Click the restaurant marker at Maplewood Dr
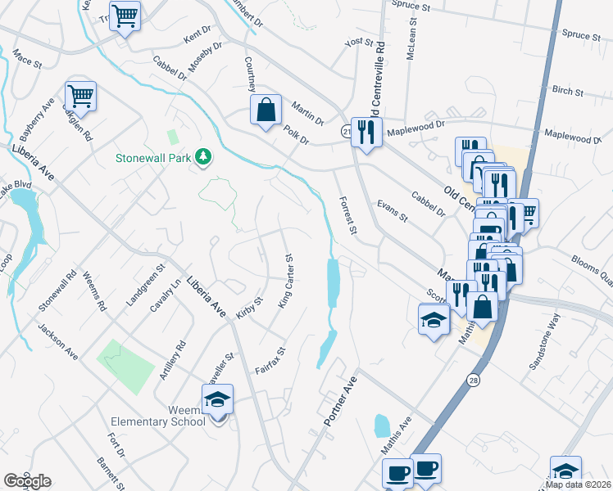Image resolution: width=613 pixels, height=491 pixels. click(x=366, y=131)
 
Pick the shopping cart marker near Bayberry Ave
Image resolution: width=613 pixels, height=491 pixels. click(x=80, y=97)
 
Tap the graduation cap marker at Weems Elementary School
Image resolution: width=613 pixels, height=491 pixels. click(x=218, y=399)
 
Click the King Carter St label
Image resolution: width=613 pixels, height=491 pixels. click(x=285, y=281)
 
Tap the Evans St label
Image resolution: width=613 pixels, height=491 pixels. click(x=392, y=210)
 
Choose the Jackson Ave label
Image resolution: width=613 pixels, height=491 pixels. click(x=57, y=340)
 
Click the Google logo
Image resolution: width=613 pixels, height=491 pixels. click(x=27, y=481)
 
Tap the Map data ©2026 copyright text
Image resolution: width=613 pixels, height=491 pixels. click(x=578, y=484)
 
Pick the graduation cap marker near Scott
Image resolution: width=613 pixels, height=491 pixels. click(x=434, y=319)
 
